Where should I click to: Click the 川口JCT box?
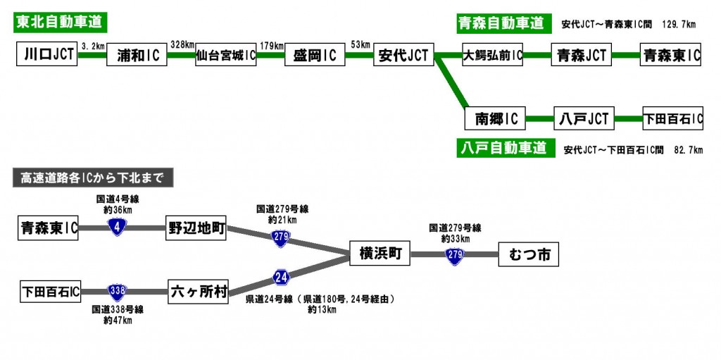coord(46,54)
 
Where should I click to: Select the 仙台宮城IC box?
coord(225,55)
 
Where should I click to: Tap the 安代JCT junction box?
coord(403,55)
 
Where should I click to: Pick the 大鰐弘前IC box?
coord(492,54)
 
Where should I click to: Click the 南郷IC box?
coord(496,118)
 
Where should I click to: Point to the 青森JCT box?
coord(581,54)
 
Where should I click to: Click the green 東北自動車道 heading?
coord(61,22)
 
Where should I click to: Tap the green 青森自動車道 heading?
coord(502,23)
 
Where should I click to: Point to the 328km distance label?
coord(182,44)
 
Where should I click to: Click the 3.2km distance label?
coord(93,45)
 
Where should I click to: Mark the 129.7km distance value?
coord(679,25)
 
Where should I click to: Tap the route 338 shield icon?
coord(117,290)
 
